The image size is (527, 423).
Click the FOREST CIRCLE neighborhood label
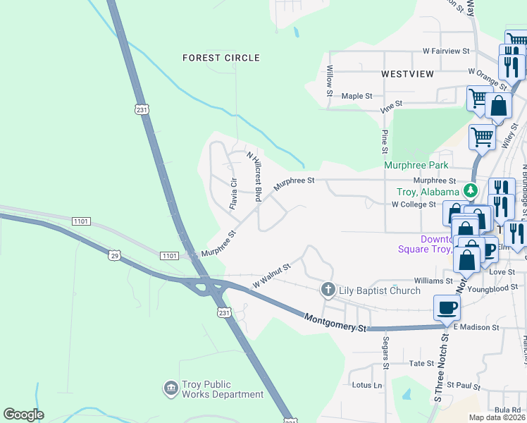[x=221, y=58]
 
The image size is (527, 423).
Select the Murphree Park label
[x=416, y=165]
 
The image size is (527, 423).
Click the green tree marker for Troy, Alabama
[x=470, y=191]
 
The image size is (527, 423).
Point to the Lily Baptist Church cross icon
[x=328, y=290]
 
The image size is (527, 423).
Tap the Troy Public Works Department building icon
[x=170, y=388]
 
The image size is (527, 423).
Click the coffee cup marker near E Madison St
[x=447, y=307]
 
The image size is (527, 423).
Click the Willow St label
[x=329, y=77]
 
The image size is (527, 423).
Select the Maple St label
[x=356, y=96]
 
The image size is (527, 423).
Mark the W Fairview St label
[x=446, y=51]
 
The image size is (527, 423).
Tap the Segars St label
[x=385, y=352]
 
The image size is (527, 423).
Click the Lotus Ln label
[x=366, y=386]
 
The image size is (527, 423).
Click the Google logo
[x=24, y=415]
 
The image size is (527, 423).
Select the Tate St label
[x=421, y=363]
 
